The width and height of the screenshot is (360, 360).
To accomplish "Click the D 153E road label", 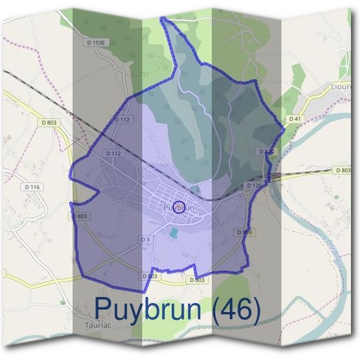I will (x=95, y=43).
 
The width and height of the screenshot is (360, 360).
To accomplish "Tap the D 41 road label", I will (x=295, y=119).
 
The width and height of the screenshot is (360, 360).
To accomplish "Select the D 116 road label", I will (x=32, y=187).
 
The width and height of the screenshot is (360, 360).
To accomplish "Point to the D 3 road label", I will (x=145, y=239).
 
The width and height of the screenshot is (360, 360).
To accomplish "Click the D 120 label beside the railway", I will (x=254, y=186).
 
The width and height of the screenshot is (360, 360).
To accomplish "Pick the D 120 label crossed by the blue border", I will (x=266, y=152).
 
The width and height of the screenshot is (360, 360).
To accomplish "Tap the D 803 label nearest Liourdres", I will (x=343, y=170).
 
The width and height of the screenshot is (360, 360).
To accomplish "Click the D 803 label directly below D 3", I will (x=150, y=276).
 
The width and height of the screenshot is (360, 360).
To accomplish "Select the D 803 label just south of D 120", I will (x=244, y=232).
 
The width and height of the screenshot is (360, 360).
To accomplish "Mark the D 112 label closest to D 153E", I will (x=122, y=119).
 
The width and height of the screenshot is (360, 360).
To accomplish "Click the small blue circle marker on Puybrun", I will (x=178, y=208).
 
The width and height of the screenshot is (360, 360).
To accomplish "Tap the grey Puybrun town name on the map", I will (x=178, y=208).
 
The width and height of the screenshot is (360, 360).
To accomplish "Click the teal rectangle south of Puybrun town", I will (x=174, y=232).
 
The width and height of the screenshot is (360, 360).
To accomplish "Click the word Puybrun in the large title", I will (x=148, y=310).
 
